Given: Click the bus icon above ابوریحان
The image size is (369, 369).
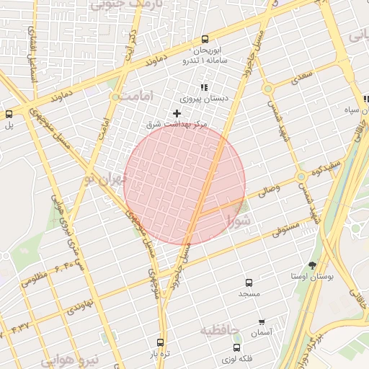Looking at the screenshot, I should point(205,40).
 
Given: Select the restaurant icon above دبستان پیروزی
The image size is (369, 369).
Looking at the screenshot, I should point(204,86).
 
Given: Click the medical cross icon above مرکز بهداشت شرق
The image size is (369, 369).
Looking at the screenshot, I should point(177,113).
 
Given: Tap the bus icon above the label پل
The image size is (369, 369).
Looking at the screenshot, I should point(9,113).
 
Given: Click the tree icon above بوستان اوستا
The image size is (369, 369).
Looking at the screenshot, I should point(312,265).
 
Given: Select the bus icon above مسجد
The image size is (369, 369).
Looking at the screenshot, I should point(249,283).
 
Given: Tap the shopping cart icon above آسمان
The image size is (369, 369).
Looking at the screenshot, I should point(261,321).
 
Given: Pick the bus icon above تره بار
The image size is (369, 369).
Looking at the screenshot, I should point(159,343).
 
